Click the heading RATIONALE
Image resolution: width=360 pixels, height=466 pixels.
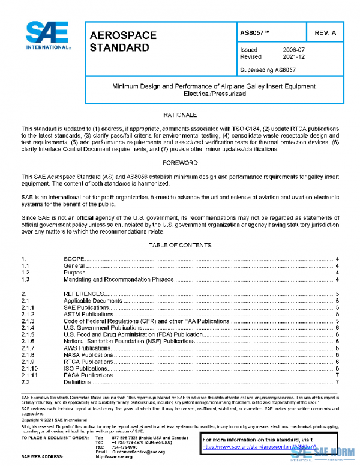(x=179, y=114)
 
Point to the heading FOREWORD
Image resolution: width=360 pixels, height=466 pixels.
(x=179, y=163)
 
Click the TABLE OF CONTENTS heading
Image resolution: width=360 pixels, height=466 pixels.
(x=179, y=245)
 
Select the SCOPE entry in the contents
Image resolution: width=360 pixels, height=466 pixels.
(x=75, y=259)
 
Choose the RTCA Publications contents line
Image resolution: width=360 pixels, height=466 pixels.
(x=88, y=362)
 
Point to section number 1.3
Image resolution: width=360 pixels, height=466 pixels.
(x=26, y=279)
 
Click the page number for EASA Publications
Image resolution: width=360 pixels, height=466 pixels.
(x=338, y=375)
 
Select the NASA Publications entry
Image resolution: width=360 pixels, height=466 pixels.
(x=88, y=355)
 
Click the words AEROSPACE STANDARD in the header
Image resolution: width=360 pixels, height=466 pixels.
(x=122, y=41)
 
